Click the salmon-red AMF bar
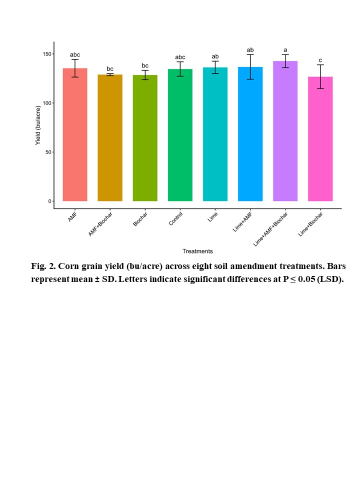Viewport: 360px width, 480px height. [75, 135]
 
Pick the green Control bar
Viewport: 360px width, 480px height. [180, 135]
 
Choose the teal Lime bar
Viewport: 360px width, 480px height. [215, 134]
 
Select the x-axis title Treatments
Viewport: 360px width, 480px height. [197, 251]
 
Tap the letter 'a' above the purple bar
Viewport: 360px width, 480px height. [285, 50]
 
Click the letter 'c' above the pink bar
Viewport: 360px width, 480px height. [320, 60]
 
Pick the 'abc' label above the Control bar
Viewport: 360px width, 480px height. [180, 57]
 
